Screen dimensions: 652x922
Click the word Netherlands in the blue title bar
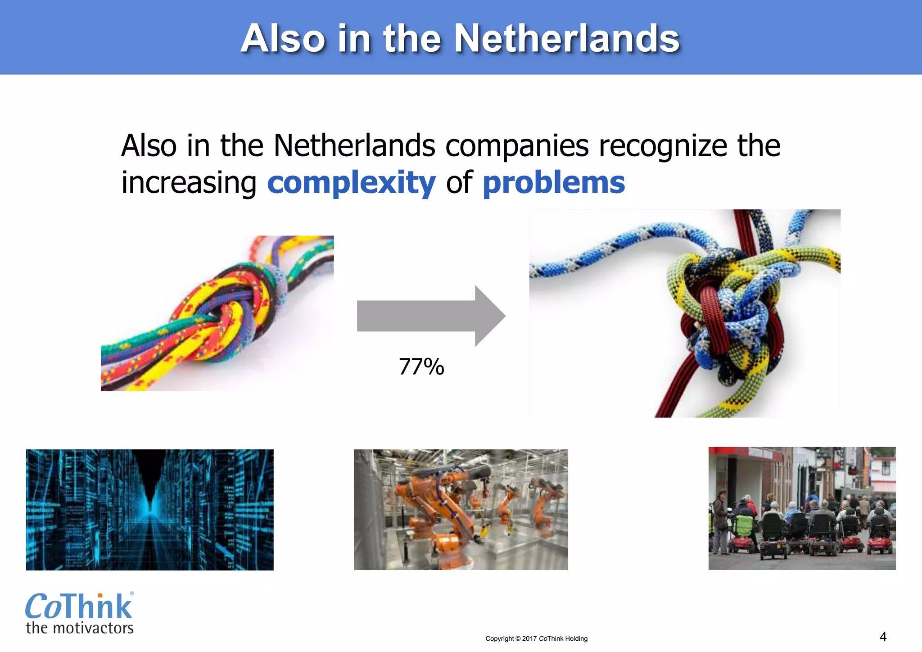point(566,39)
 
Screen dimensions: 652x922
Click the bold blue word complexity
point(351,183)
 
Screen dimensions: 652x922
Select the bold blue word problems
point(554,183)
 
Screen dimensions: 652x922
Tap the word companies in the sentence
point(517,146)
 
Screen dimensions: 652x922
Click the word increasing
point(189,183)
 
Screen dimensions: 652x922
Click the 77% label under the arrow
point(421,367)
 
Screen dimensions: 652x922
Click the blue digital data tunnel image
point(149,510)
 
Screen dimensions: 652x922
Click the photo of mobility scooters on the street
point(802,508)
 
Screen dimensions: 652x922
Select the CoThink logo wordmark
point(79,607)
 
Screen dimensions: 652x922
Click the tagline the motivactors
point(80,628)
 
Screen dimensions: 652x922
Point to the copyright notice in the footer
point(536,638)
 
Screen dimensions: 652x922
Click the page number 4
point(883,637)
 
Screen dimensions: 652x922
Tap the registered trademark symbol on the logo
point(132,593)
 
